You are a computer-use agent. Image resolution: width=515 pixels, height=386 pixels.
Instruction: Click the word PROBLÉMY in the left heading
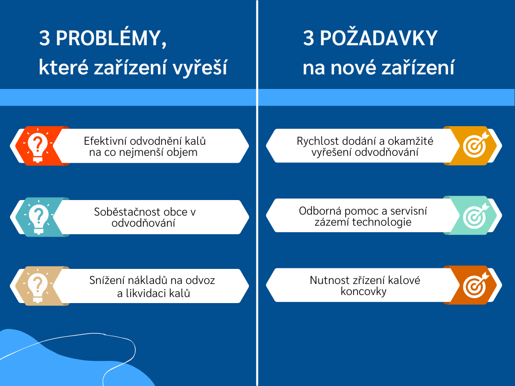(x=111, y=38)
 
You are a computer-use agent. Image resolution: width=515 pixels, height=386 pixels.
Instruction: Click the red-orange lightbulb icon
(x=38, y=146)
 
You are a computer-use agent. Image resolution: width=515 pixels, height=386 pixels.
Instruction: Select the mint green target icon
(x=476, y=215)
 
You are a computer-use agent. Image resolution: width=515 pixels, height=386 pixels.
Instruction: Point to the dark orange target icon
(x=476, y=284)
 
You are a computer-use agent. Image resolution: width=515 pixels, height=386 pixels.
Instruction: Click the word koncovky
(x=364, y=292)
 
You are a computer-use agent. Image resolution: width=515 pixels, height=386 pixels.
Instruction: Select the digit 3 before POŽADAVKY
(x=308, y=38)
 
